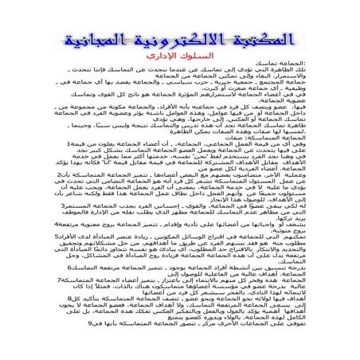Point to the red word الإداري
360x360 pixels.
click(155, 60)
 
